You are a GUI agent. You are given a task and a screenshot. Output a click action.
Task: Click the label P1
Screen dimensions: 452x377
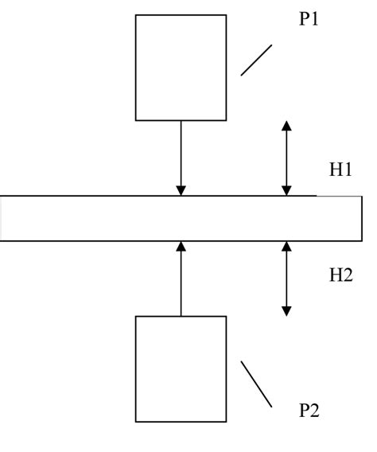pyautogui.click(x=309, y=20)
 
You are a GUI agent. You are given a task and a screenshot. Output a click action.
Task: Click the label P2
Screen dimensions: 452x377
pyautogui.click(x=309, y=411)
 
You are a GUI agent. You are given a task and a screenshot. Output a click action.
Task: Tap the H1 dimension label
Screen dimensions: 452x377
pyautogui.click(x=341, y=169)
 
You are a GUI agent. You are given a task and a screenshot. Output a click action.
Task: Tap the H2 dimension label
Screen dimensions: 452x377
pyautogui.click(x=341, y=275)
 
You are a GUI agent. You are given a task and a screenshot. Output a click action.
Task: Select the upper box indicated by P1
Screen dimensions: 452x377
pyautogui.click(x=181, y=67)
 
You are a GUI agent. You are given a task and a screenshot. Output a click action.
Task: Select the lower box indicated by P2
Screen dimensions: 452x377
pyautogui.click(x=181, y=368)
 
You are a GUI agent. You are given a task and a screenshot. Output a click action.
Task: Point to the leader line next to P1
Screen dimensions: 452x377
pyautogui.click(x=256, y=60)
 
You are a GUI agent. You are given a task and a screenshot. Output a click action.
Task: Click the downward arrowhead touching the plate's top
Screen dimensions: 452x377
pyautogui.click(x=181, y=190)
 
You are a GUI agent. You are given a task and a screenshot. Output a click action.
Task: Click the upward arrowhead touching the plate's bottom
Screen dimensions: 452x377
pyautogui.click(x=181, y=246)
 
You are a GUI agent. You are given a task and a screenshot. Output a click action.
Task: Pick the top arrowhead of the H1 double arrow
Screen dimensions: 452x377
pyautogui.click(x=287, y=126)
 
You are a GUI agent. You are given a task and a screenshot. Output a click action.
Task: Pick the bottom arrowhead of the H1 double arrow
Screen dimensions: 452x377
pyautogui.click(x=287, y=190)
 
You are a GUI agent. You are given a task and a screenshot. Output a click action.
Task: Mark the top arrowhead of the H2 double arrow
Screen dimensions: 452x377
pyautogui.click(x=287, y=247)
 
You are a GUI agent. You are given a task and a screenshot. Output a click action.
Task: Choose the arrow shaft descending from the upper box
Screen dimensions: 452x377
pyautogui.click(x=181, y=151)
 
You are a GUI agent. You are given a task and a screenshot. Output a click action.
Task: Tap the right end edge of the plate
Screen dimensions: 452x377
pyautogui.click(x=363, y=218)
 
